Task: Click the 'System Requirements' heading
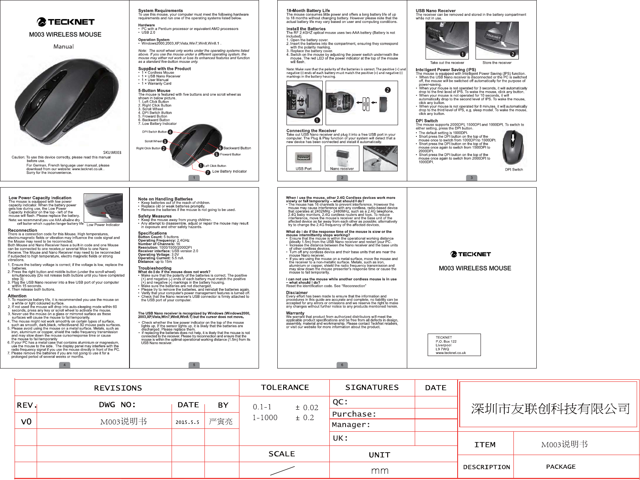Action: [160, 11]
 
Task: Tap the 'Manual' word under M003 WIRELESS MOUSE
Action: [64, 47]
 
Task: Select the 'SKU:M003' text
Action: [112, 153]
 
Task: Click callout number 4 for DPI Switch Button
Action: [170, 132]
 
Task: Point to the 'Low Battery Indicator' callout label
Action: [229, 171]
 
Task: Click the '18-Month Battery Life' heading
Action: [308, 11]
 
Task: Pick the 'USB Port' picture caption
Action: [304, 169]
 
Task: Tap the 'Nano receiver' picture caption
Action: [342, 169]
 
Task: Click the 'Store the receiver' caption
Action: [497, 63]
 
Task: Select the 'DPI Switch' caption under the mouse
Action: [514, 170]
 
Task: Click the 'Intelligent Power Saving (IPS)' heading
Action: [446, 70]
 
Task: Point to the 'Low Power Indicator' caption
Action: [103, 225]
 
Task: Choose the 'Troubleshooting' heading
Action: [154, 268]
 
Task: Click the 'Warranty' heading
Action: [295, 313]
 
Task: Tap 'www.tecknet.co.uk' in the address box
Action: [451, 353]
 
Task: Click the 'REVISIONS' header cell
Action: [118, 388]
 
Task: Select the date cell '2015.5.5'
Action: [187, 422]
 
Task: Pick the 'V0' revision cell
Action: [26, 422]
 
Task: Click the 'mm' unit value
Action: [380, 470]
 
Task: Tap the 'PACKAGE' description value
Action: [560, 467]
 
